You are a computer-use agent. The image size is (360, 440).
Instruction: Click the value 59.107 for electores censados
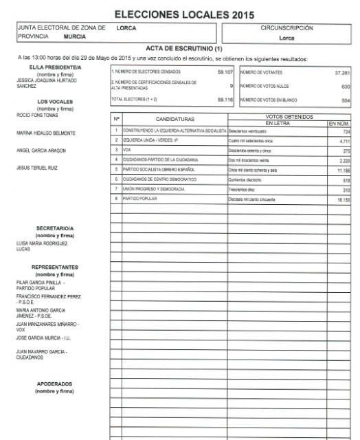coord(225,71)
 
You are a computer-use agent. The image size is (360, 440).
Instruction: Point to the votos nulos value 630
coord(346,86)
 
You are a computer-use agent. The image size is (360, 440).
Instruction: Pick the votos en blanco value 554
coord(346,100)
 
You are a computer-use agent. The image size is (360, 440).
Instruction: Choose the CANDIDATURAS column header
coord(175,119)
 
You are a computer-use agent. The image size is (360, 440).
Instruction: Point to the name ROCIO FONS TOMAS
coord(35,115)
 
